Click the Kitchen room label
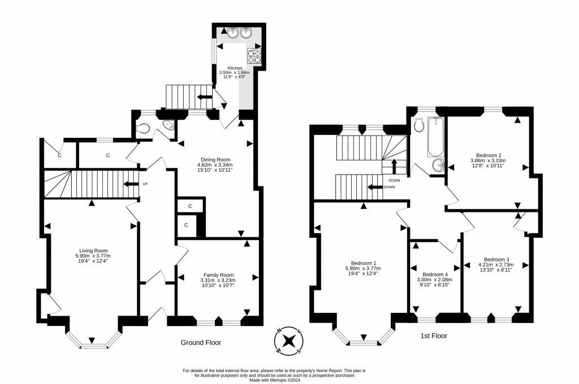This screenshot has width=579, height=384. pyautogui.click(x=235, y=68)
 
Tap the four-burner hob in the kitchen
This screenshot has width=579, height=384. pyautogui.click(x=254, y=56)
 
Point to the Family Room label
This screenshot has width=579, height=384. pyautogui.click(x=219, y=275)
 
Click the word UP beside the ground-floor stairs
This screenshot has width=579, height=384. pyautogui.click(x=145, y=184)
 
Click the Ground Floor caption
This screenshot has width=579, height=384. pyautogui.click(x=201, y=343)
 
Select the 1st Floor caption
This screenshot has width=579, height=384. pyautogui.click(x=434, y=336)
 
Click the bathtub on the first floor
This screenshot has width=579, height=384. pyautogui.click(x=435, y=137)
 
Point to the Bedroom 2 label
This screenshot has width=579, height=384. pyautogui.click(x=488, y=155)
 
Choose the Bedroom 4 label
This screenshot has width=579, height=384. pyautogui.click(x=435, y=274)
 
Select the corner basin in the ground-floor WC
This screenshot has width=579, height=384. pyautogui.click(x=168, y=125)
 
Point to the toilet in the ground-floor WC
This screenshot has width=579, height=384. pyautogui.click(x=142, y=128)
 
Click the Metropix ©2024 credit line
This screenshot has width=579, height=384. pyautogui.click(x=275, y=380)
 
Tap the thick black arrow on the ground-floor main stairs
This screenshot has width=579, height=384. pyautogui.click(x=131, y=184)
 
